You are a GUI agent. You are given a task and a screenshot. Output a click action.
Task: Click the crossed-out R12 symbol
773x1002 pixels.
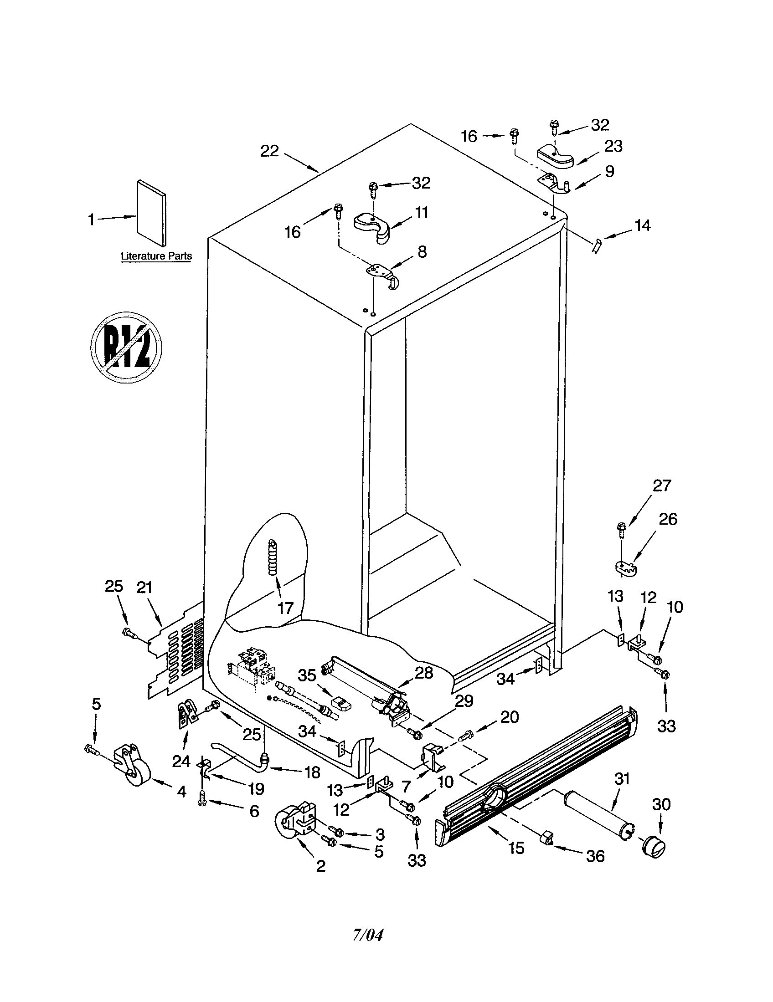coord(126,347)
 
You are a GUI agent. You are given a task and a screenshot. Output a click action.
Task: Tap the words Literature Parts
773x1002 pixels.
coord(156,256)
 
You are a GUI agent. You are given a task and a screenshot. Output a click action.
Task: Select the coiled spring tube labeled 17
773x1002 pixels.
coord(273,557)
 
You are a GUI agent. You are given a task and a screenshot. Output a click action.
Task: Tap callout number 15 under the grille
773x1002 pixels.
coord(516,849)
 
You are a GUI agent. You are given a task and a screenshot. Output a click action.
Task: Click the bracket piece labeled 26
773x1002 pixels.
coord(625,567)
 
